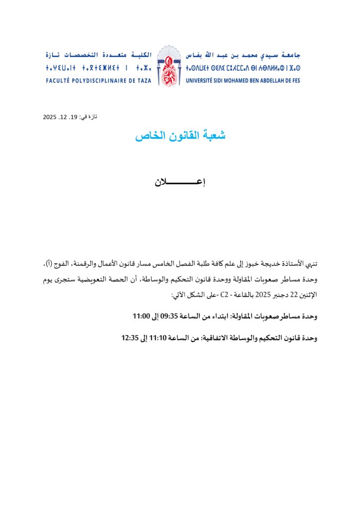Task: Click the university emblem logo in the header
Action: [169, 66]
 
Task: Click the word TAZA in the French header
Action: [144, 80]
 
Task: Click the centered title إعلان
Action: [180, 182]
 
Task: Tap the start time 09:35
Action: [169, 316]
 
